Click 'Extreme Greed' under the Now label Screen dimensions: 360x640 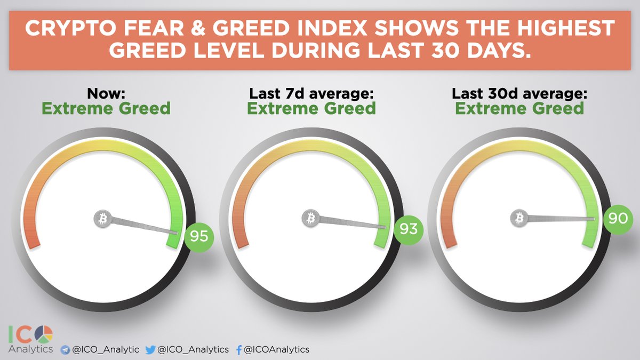coord(106,109)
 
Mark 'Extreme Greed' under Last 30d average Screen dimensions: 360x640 coord(519,109)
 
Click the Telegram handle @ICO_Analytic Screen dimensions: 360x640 coord(106,349)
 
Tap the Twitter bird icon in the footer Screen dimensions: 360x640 coord(151,349)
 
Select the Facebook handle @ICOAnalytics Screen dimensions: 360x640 coord(276,349)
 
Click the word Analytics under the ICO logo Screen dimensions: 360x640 coord(30,349)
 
